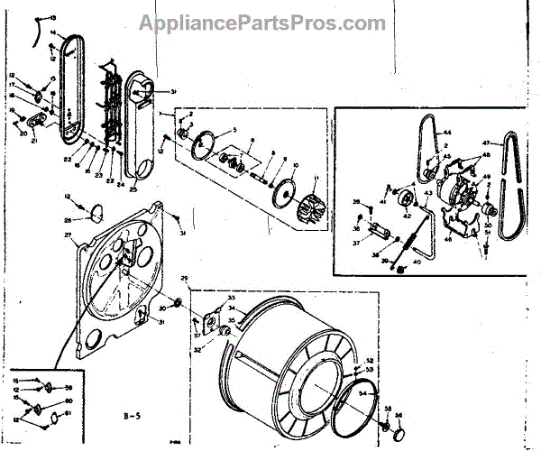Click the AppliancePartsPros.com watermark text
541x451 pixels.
tap(270, 22)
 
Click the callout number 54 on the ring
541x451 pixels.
tap(362, 394)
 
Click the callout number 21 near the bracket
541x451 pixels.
tap(33, 142)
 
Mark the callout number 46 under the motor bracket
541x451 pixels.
tap(446, 244)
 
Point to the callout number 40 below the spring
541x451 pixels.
tap(416, 263)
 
